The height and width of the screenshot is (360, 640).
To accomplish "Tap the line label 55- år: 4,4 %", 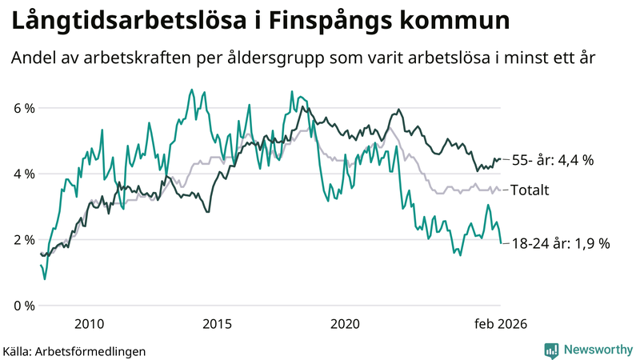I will (552, 160).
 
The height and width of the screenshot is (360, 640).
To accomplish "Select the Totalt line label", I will (530, 190).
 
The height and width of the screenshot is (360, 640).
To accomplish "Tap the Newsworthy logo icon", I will (551, 350).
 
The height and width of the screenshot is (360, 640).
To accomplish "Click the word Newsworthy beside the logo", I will (597, 350).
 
